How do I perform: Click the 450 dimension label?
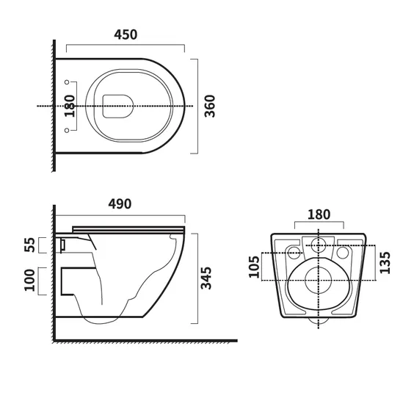125,35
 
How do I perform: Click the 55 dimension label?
30,245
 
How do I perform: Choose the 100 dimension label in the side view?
30,281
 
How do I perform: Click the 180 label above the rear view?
318,214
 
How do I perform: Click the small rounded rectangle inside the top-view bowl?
116,106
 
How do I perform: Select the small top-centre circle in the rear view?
319,245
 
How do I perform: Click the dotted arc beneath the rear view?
319,322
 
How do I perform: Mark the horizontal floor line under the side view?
147,341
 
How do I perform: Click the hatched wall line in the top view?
54,106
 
